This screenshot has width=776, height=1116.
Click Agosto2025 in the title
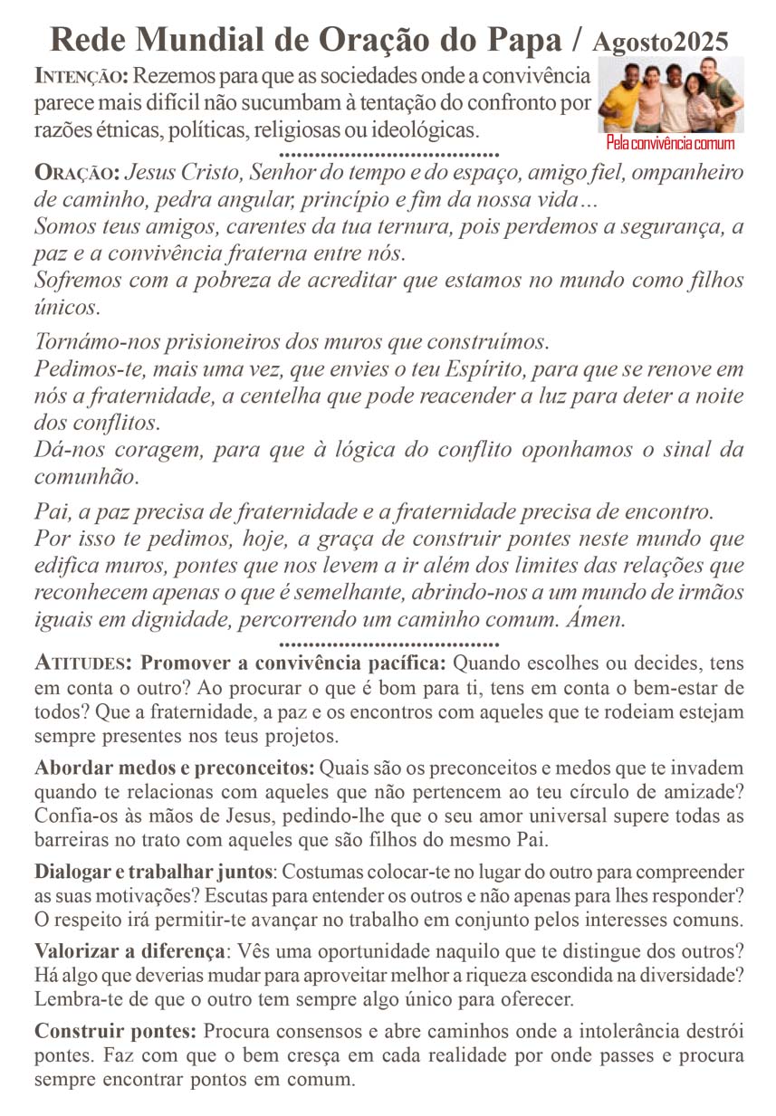click(x=660, y=41)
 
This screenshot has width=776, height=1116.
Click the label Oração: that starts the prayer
click(x=77, y=172)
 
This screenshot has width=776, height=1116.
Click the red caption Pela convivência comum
click(x=670, y=145)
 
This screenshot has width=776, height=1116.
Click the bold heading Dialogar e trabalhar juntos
click(x=153, y=873)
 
